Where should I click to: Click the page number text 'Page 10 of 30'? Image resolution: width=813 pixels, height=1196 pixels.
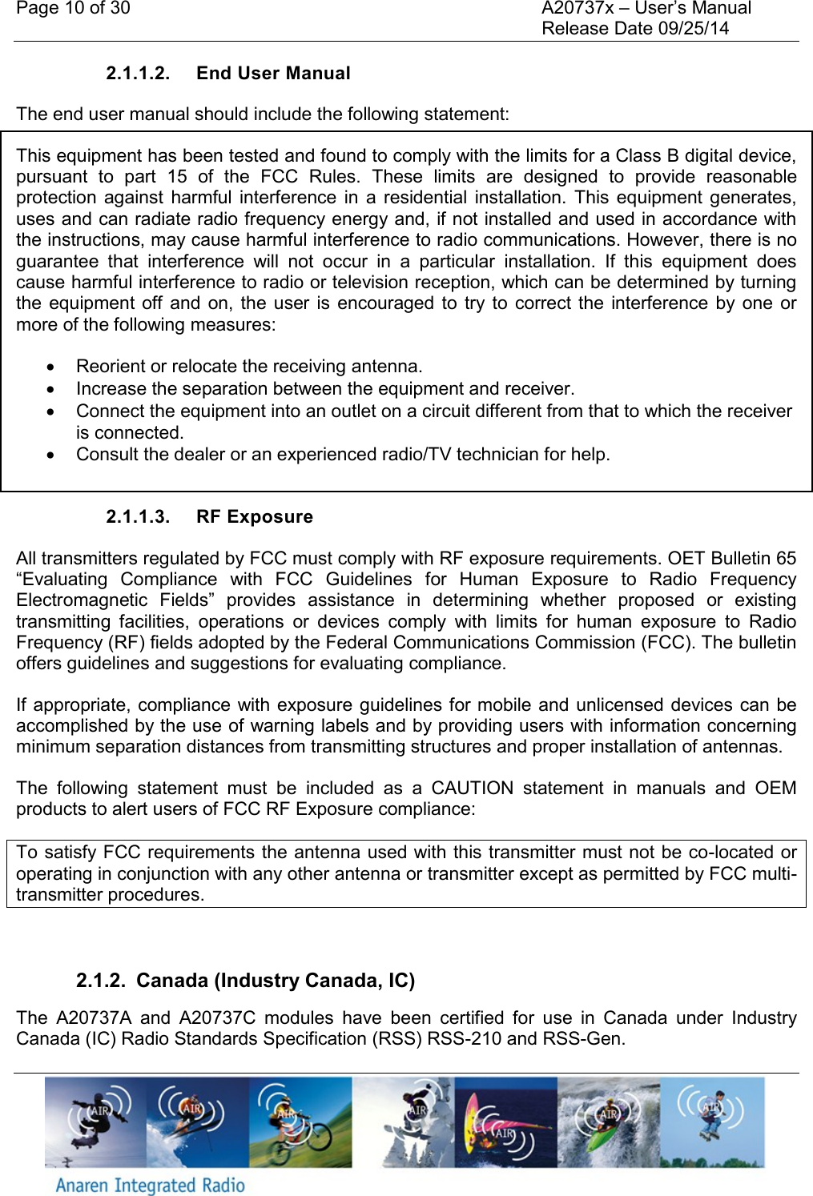(73, 9)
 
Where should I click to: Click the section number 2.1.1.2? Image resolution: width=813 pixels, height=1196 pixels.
(138, 74)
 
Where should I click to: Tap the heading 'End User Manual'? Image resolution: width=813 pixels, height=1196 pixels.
(273, 74)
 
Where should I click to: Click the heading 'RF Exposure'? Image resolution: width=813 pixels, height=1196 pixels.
(254, 517)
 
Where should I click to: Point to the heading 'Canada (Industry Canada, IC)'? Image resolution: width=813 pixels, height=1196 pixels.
(276, 981)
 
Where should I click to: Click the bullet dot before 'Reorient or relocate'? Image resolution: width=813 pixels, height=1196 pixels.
(51, 367)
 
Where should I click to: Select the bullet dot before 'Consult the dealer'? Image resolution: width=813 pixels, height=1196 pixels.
(51, 456)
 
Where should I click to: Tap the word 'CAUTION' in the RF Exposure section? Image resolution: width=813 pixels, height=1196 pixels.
(472, 789)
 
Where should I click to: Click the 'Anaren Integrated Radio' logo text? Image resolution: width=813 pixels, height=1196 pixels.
(150, 1185)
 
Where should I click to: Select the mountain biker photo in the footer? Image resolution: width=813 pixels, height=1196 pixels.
(300, 1122)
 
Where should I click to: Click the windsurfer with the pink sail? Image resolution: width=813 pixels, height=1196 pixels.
(505, 1122)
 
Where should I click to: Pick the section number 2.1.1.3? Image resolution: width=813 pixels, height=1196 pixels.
(138, 517)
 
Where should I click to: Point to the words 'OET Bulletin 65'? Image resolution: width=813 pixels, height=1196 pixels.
(732, 559)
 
